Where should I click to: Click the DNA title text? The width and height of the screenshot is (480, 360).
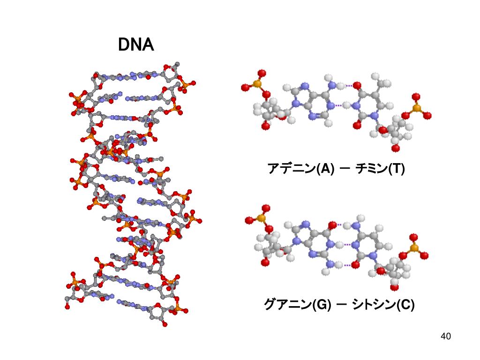click(135, 45)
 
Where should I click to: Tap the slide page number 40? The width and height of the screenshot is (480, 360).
click(445, 336)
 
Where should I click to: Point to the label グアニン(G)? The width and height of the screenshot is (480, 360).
click(297, 305)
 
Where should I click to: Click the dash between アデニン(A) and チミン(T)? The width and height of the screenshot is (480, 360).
click(344, 168)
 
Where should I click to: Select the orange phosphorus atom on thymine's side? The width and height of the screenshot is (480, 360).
click(416, 108)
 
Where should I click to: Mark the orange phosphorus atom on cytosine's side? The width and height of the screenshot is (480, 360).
click(414, 248)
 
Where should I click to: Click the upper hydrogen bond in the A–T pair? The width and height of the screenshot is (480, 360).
click(350, 86)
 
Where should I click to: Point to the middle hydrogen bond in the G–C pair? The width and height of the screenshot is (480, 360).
click(347, 245)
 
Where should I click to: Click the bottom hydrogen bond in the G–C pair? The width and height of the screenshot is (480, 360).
click(347, 265)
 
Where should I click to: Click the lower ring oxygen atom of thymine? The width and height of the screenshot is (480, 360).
click(358, 126)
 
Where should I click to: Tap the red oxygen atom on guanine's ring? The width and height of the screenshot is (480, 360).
click(333, 225)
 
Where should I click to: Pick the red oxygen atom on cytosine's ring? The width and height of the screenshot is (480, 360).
click(356, 265)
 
